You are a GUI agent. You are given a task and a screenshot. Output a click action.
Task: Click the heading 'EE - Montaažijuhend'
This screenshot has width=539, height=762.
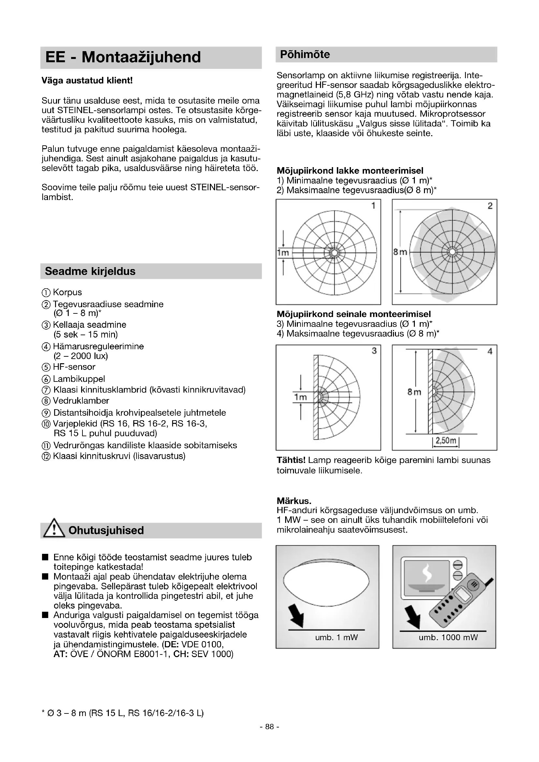[123, 57]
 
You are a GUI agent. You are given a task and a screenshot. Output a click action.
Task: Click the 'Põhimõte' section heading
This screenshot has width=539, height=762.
[305, 54]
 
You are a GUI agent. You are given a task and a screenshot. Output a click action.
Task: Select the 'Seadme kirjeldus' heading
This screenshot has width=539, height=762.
[90, 271]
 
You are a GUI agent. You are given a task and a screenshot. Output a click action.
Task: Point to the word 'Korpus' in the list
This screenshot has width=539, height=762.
[67, 292]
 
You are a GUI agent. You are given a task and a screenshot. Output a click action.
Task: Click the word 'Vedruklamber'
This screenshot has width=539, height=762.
[81, 401]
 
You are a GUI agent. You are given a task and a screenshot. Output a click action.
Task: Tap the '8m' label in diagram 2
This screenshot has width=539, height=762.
[400, 252]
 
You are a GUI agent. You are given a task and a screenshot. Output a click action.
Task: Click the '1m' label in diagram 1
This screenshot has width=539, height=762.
[283, 252]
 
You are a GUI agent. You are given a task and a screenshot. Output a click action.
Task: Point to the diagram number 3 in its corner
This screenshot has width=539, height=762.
[374, 351]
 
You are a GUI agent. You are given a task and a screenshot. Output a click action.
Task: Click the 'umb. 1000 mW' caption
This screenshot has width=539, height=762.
[448, 637]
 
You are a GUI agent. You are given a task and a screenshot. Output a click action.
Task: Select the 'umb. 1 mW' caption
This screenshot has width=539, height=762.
[336, 637]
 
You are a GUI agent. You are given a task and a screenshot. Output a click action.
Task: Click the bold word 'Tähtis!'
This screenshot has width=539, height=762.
[291, 460]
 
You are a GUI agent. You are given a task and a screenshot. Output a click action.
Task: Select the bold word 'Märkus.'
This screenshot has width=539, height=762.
[294, 500]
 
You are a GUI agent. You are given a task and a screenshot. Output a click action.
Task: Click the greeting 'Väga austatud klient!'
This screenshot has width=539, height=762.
[87, 81]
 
